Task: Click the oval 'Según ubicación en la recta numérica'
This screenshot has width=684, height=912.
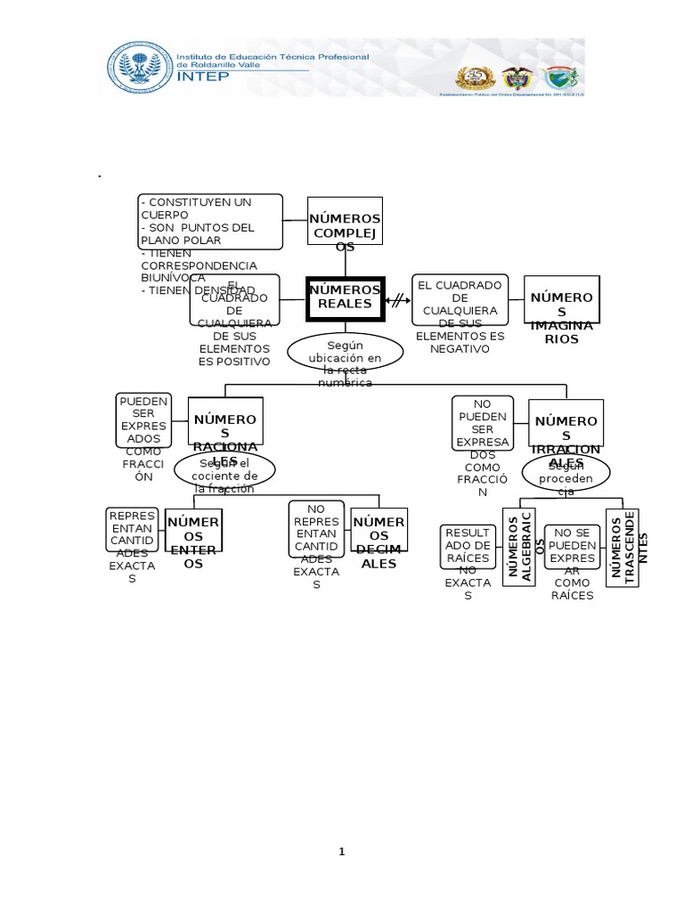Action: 346,354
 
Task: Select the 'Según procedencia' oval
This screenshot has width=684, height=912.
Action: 566,474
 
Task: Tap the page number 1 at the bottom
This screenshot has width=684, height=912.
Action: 342,852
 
